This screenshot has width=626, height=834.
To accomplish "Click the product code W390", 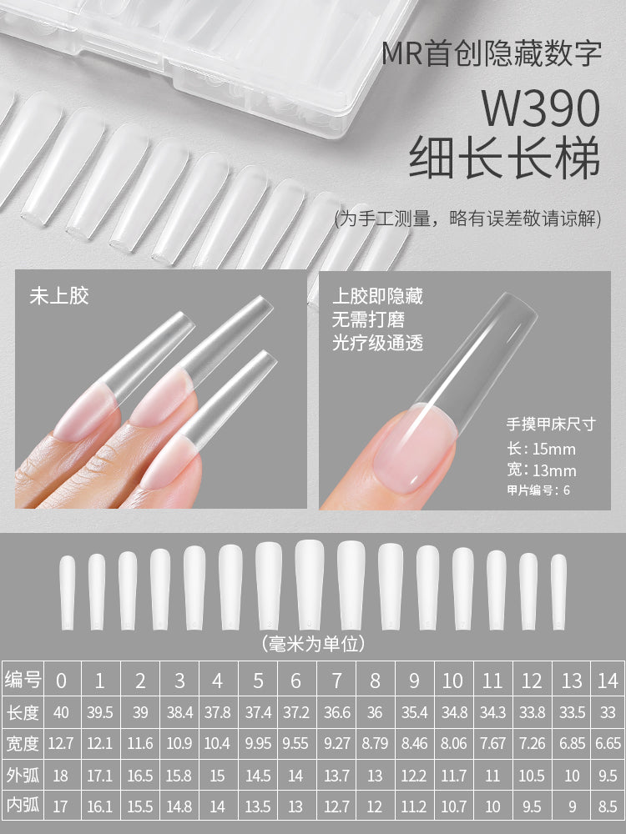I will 541,109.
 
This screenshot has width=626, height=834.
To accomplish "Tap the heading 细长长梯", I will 504,158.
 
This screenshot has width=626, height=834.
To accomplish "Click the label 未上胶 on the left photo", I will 59,295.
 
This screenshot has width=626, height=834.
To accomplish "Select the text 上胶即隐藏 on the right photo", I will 378,296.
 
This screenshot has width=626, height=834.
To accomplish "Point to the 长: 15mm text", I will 541,450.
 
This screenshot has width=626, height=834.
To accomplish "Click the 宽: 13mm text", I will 541,470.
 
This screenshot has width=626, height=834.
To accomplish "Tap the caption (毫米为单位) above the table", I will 313,644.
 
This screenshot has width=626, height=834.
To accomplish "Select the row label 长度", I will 23,712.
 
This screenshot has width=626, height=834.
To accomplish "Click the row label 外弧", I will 23,776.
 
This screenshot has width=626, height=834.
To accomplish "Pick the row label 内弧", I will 23,807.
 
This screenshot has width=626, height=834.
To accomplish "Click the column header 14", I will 608,681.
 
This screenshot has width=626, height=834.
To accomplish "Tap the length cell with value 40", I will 61,713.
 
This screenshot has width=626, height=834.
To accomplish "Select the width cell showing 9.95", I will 258,744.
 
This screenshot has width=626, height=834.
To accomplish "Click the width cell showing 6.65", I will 608,744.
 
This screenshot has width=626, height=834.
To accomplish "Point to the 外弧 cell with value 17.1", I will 99,776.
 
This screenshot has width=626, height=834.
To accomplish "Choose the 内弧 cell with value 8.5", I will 608,807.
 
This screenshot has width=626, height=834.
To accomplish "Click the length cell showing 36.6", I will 336,713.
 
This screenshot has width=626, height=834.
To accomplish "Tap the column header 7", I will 336,681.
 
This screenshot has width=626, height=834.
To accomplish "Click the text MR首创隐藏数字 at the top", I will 492,55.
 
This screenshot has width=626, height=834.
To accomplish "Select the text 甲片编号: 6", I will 538,490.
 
